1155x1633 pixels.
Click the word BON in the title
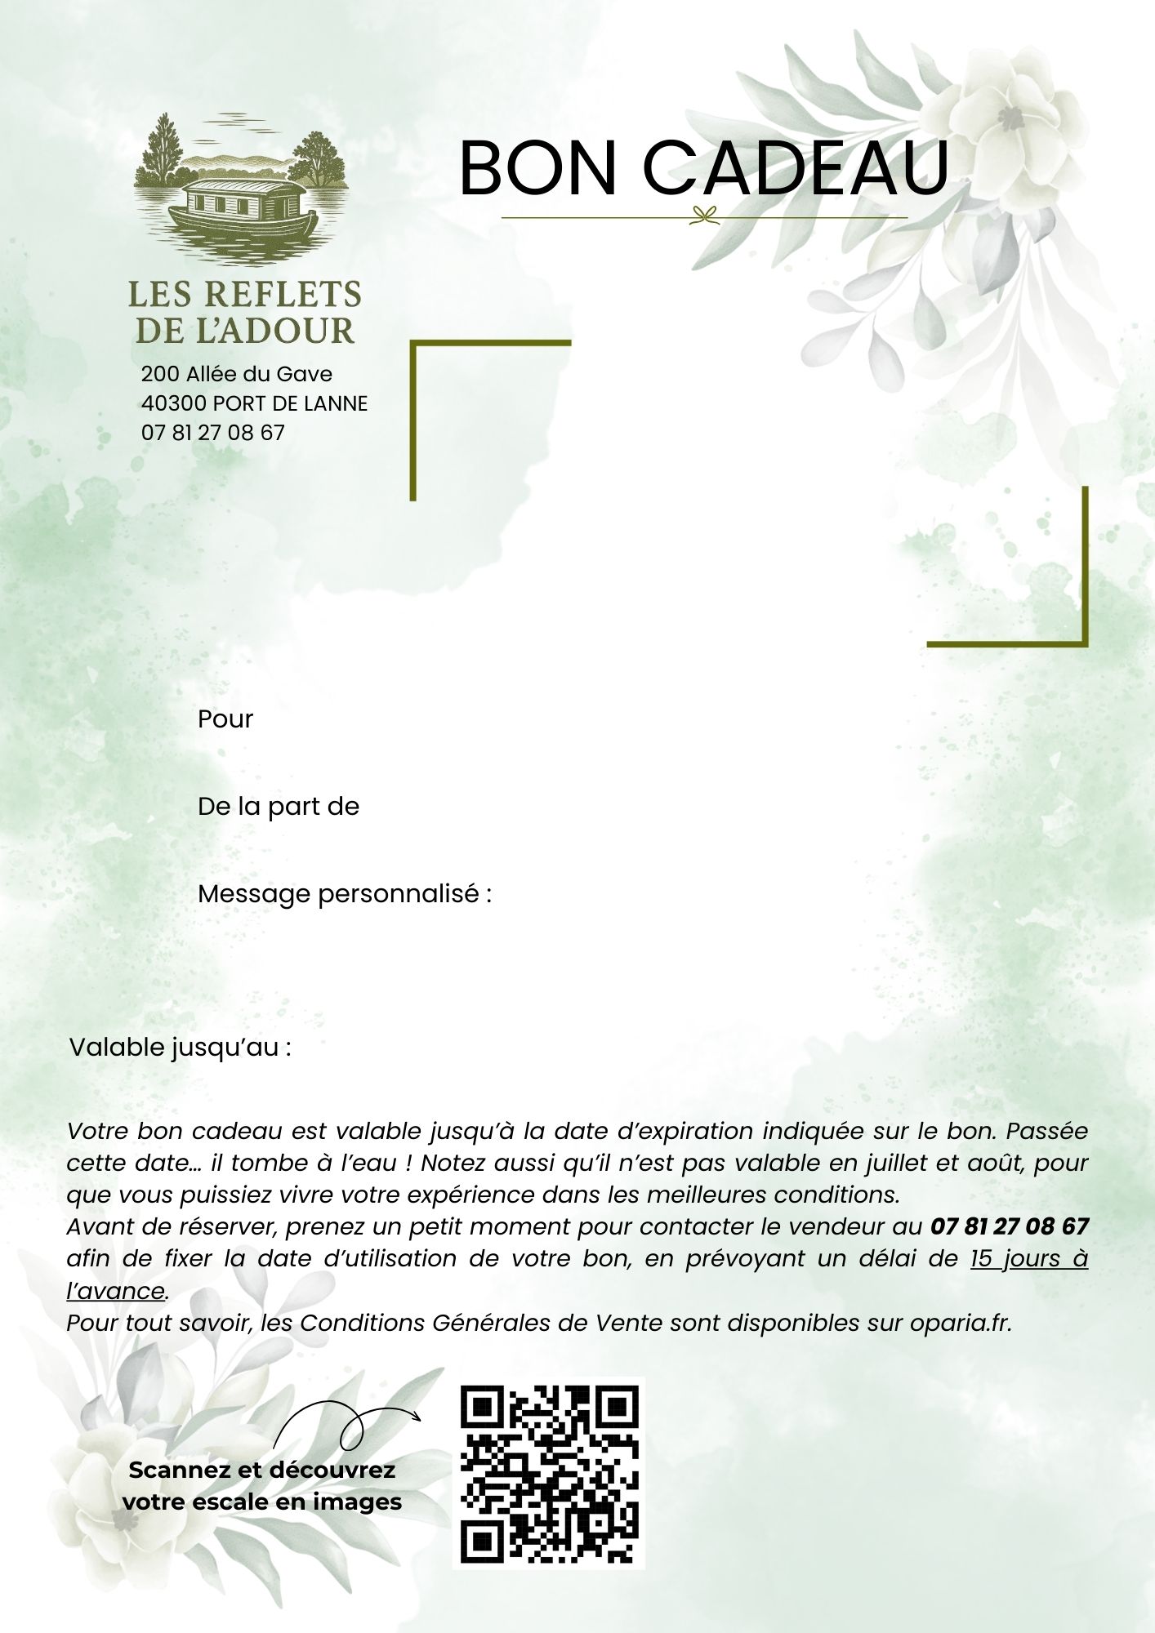coord(537,168)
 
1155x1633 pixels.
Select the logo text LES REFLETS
coord(245,295)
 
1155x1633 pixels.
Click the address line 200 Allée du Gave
coord(237,374)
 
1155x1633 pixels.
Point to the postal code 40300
coord(173,403)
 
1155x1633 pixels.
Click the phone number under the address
coord(213,433)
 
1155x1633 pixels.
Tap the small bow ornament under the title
coord(703,216)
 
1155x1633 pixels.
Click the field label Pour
coord(225,719)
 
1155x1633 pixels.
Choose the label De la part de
coord(279,807)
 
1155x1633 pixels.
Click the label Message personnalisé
coord(344,894)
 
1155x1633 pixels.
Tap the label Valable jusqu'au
coord(181,1048)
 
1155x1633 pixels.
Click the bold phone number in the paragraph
coord(1009,1226)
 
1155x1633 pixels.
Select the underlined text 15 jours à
coord(1028,1258)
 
